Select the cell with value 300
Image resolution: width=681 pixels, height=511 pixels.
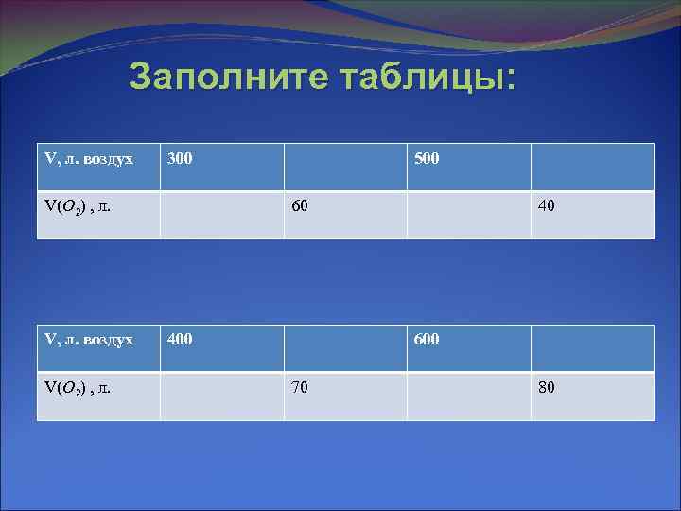(x=180, y=158)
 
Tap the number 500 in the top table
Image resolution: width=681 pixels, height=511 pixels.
(x=427, y=158)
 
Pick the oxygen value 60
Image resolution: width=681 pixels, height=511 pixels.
(x=300, y=205)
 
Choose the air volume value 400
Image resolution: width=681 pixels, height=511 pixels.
(x=180, y=339)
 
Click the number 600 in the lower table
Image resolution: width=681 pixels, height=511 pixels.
(x=427, y=339)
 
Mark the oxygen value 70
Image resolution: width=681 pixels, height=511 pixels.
(x=300, y=386)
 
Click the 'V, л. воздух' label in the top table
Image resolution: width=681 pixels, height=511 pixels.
(x=89, y=158)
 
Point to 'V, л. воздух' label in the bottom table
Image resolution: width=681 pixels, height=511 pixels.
(x=89, y=339)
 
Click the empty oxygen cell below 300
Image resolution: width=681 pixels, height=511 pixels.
(x=222, y=215)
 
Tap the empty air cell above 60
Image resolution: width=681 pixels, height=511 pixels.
(x=345, y=167)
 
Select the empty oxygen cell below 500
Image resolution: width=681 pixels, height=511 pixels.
(x=468, y=215)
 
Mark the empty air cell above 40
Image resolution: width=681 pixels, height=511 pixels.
(x=592, y=167)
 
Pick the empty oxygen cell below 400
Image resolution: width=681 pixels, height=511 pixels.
(x=222, y=396)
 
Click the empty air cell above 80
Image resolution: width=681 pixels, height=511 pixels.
(x=592, y=348)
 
